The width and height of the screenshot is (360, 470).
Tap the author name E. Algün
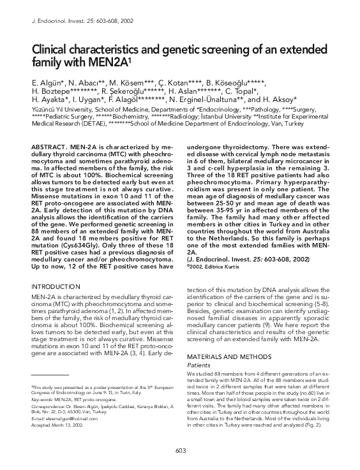coord(47,83)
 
